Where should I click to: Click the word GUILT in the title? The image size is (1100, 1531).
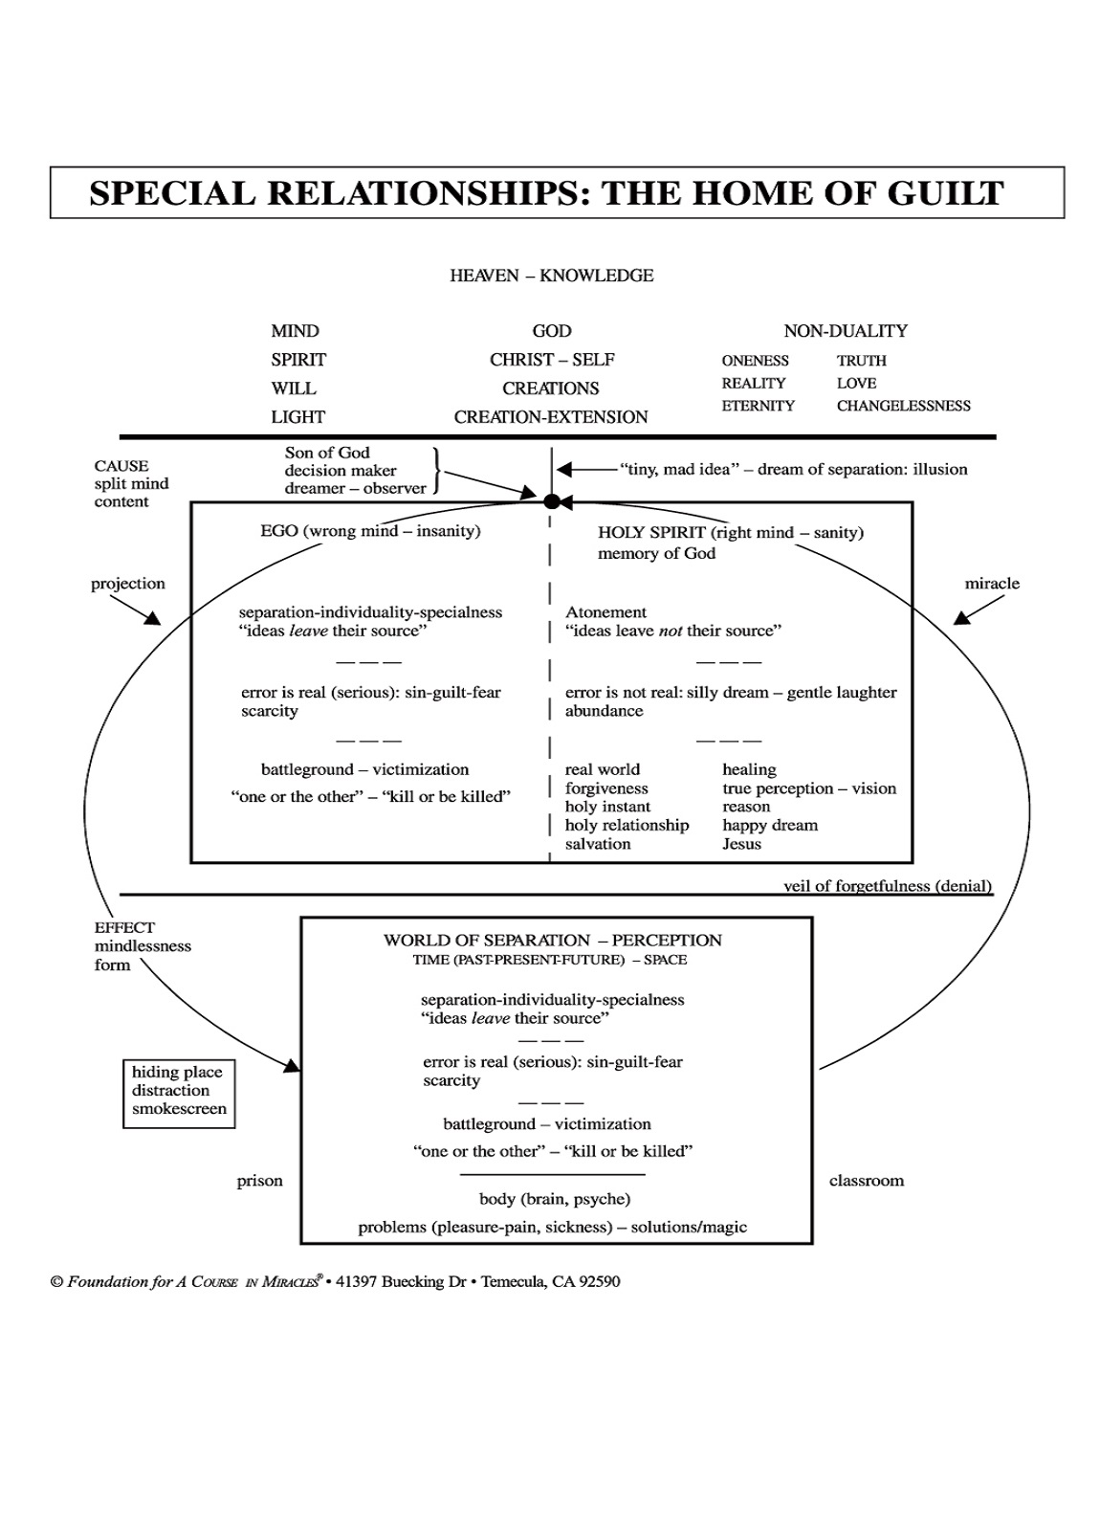point(945,193)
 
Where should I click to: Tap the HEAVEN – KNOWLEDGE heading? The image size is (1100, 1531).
point(552,276)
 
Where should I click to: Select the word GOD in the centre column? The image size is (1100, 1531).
point(552,331)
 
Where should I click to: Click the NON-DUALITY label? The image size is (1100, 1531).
point(846,331)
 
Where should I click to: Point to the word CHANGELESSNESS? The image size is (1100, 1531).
point(903,406)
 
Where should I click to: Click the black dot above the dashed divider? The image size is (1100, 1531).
point(551,501)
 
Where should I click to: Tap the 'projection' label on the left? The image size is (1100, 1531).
point(128,584)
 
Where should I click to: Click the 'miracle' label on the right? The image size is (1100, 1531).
point(992,584)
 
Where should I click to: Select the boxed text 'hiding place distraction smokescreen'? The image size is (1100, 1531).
point(179,1091)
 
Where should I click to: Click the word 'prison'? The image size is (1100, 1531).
point(260,1181)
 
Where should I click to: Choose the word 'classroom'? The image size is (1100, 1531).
point(866,1181)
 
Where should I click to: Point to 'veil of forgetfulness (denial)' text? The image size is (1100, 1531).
point(887,886)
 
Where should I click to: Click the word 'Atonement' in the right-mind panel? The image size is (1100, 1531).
point(605,612)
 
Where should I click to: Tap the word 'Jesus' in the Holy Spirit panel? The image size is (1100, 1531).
point(741,844)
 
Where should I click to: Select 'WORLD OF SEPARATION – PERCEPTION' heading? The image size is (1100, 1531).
point(552,941)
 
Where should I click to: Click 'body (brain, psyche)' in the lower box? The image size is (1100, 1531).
point(554,1199)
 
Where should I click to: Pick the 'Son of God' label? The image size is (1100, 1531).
point(327,453)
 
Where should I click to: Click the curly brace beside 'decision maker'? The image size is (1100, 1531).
point(436,470)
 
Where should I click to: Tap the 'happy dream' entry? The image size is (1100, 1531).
point(770,825)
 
